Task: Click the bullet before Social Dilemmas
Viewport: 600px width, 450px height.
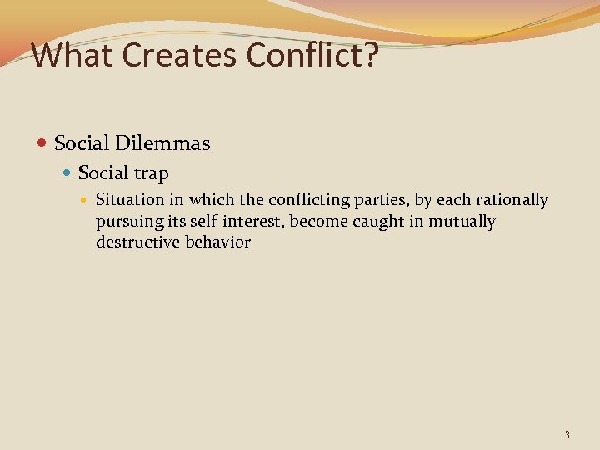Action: (x=43, y=144)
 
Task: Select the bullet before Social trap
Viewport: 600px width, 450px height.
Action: (x=68, y=173)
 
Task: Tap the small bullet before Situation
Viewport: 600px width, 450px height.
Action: (x=87, y=200)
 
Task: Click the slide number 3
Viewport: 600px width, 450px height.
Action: (x=567, y=434)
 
